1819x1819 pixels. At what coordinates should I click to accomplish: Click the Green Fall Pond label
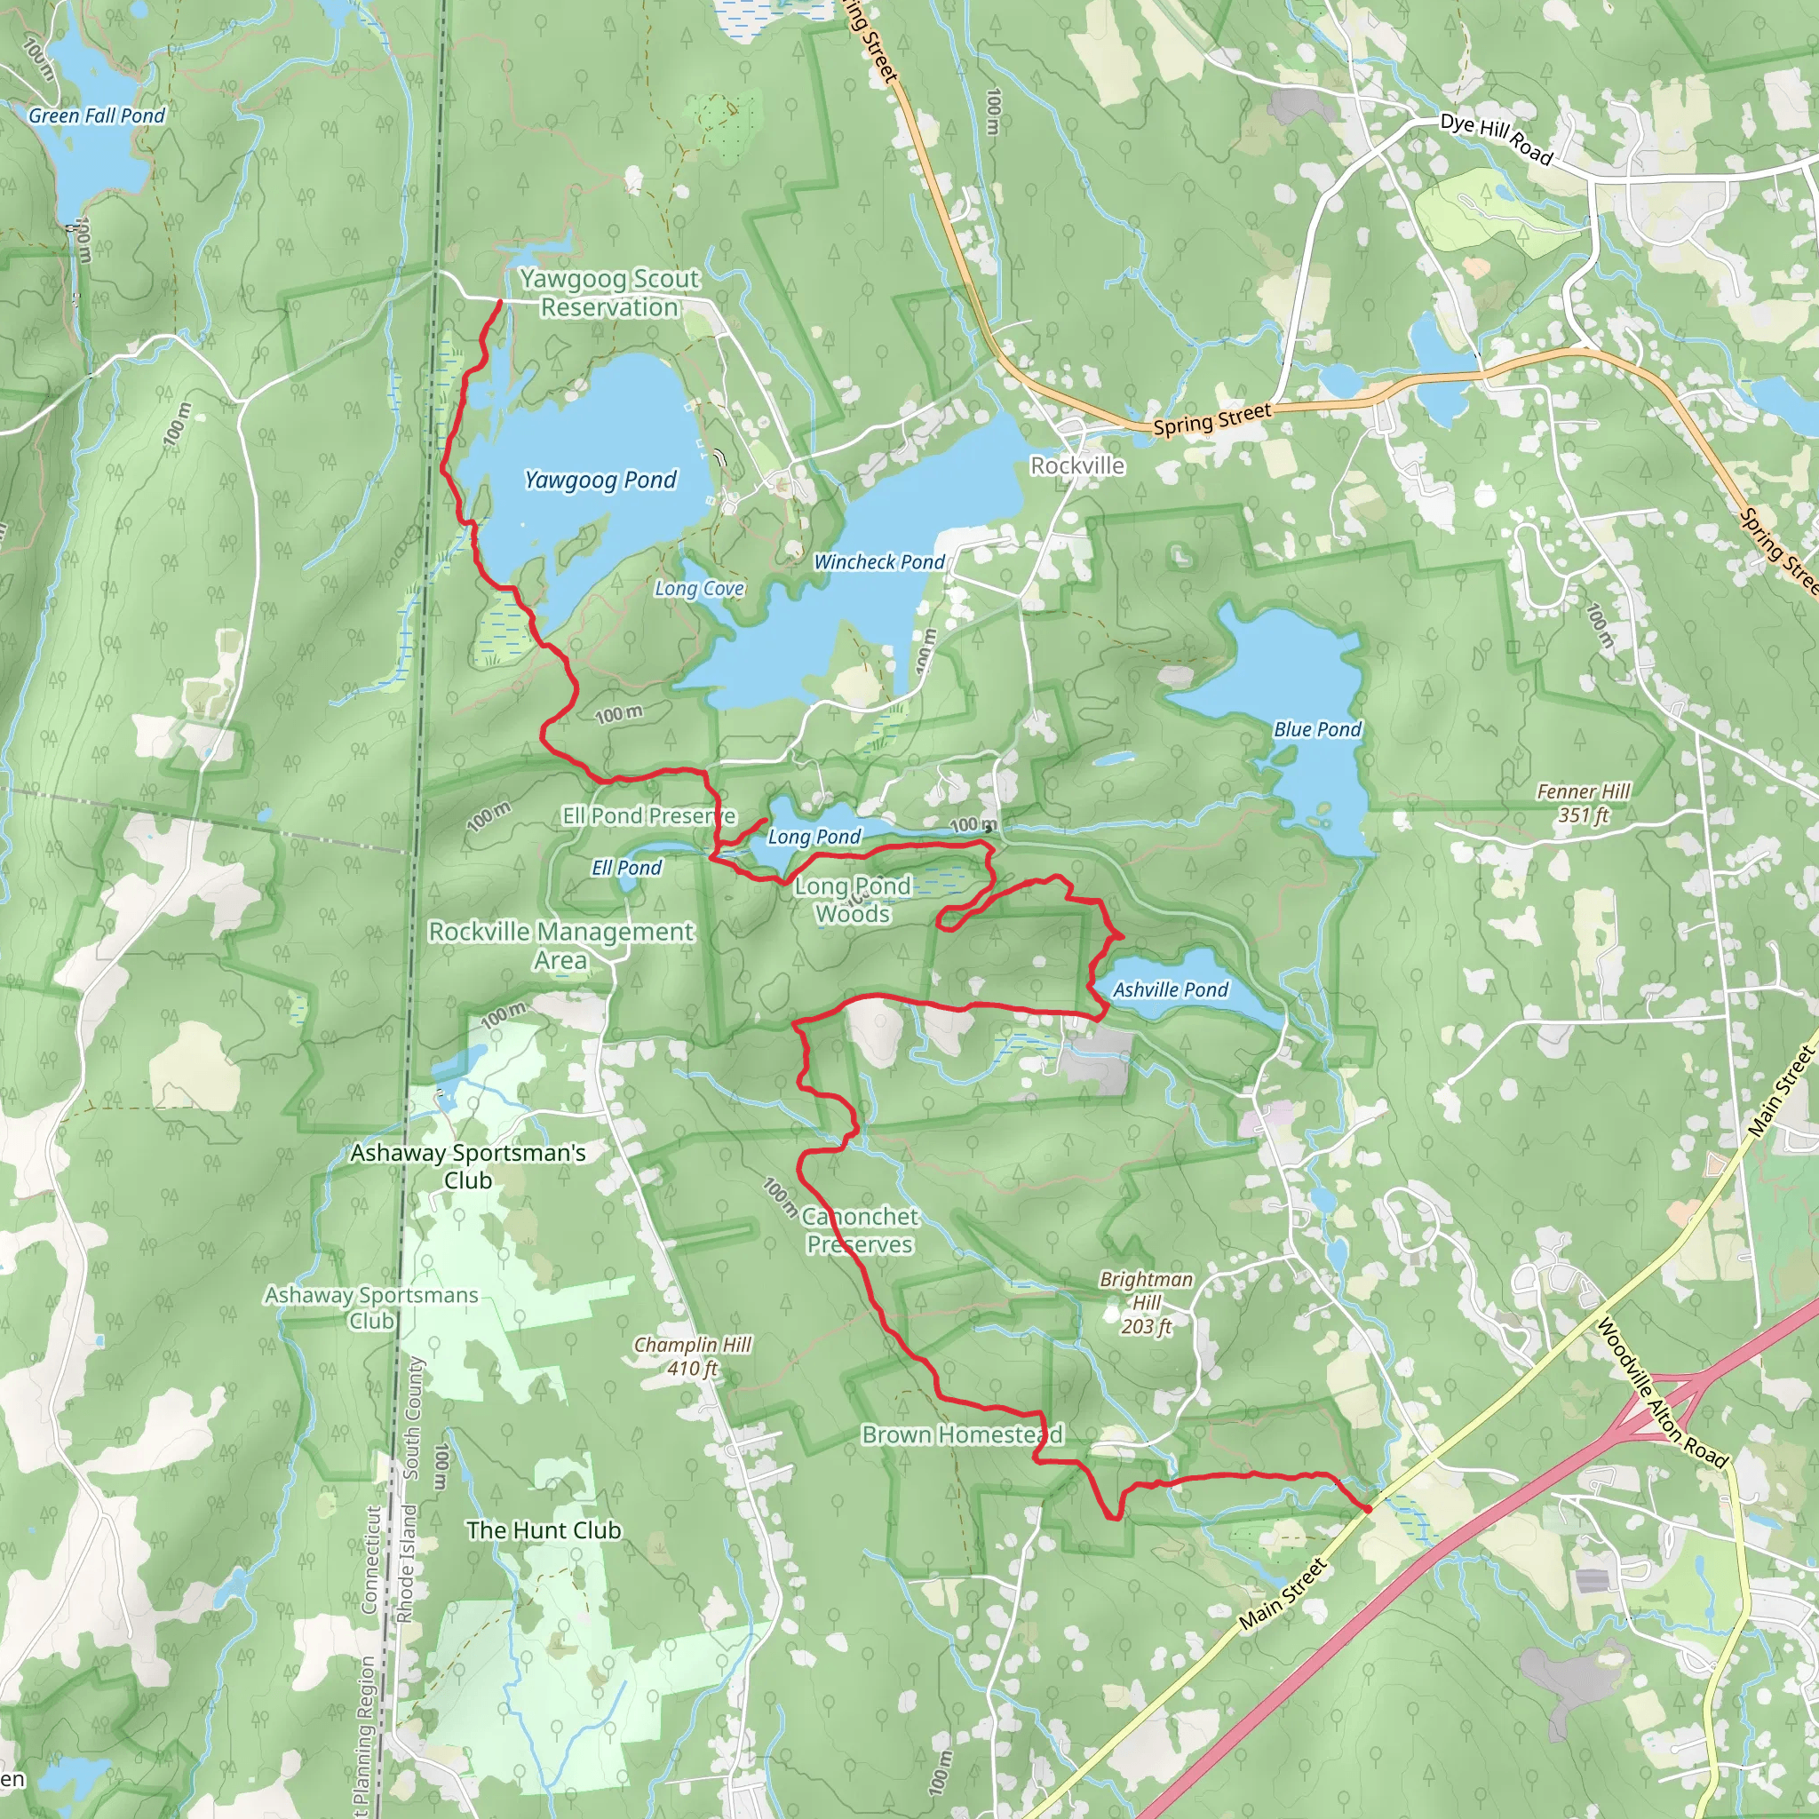pyautogui.click(x=96, y=115)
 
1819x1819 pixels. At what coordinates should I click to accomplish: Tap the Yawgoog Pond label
pyautogui.click(x=600, y=481)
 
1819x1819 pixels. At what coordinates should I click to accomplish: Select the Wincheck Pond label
pyautogui.click(x=878, y=562)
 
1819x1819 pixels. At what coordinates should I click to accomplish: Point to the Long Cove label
pyautogui.click(x=699, y=589)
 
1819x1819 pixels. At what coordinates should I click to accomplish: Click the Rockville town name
pyautogui.click(x=1077, y=465)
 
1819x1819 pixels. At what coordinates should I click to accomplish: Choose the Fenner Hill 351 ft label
pyautogui.click(x=1583, y=803)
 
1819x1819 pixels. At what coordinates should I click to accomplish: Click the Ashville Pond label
pyautogui.click(x=1171, y=989)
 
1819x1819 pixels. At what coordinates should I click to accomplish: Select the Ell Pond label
pyautogui.click(x=626, y=868)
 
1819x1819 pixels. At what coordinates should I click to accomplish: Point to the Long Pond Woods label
pyautogui.click(x=853, y=899)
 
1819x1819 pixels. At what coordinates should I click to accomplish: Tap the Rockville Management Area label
pyautogui.click(x=561, y=945)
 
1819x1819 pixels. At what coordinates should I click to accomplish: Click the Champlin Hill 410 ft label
pyautogui.click(x=692, y=1355)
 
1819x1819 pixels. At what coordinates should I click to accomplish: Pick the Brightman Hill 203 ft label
pyautogui.click(x=1146, y=1302)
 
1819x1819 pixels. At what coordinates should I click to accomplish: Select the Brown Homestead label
pyautogui.click(x=962, y=1434)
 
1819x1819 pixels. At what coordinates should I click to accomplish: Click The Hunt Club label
pyautogui.click(x=544, y=1530)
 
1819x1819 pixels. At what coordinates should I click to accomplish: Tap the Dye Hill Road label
pyautogui.click(x=1495, y=138)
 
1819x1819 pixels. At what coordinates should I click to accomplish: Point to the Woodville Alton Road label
pyautogui.click(x=1662, y=1393)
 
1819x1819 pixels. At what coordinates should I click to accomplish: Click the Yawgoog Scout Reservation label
pyautogui.click(x=609, y=293)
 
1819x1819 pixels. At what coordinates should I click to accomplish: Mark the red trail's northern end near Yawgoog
pyautogui.click(x=499, y=301)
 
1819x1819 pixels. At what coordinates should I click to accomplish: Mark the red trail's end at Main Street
pyautogui.click(x=1367, y=1508)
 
